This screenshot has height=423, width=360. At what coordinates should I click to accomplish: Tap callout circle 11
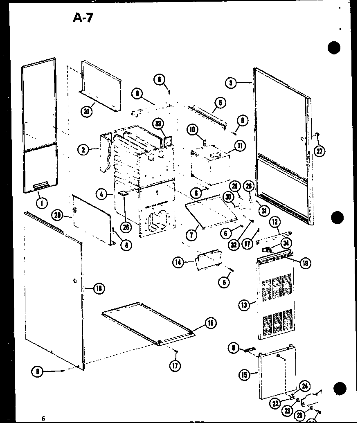click(239, 145)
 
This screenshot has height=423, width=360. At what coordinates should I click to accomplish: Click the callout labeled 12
click(275, 223)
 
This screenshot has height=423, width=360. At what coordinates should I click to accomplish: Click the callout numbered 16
click(210, 323)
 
